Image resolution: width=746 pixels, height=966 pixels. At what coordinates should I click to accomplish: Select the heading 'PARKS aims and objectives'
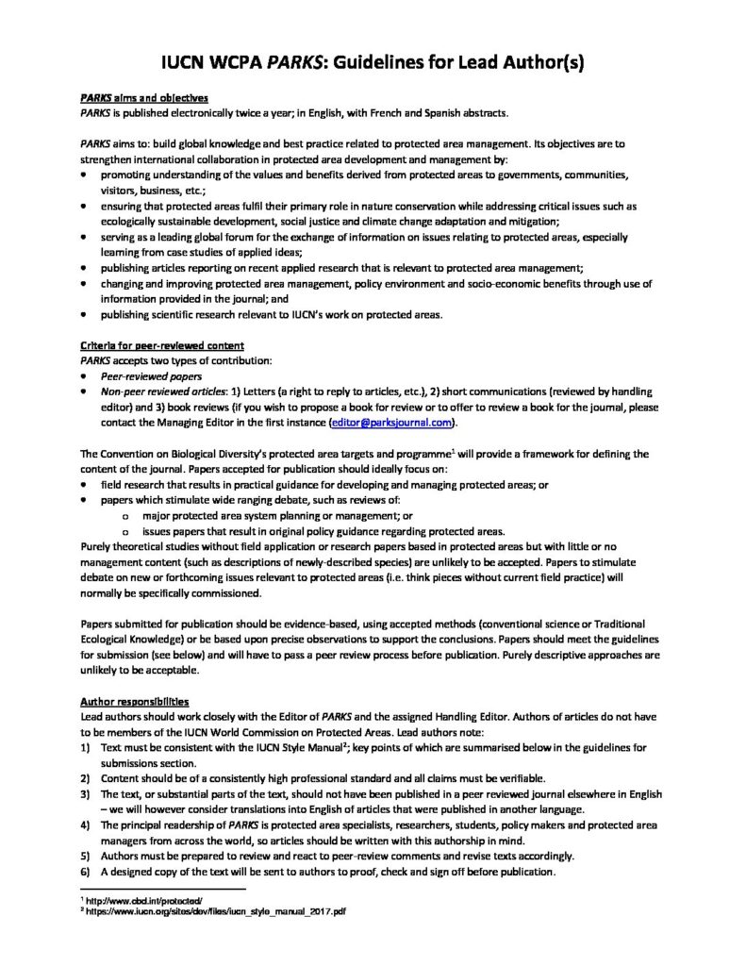[x=144, y=99]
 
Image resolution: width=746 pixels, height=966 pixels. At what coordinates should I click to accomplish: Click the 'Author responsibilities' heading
[x=134, y=703]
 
